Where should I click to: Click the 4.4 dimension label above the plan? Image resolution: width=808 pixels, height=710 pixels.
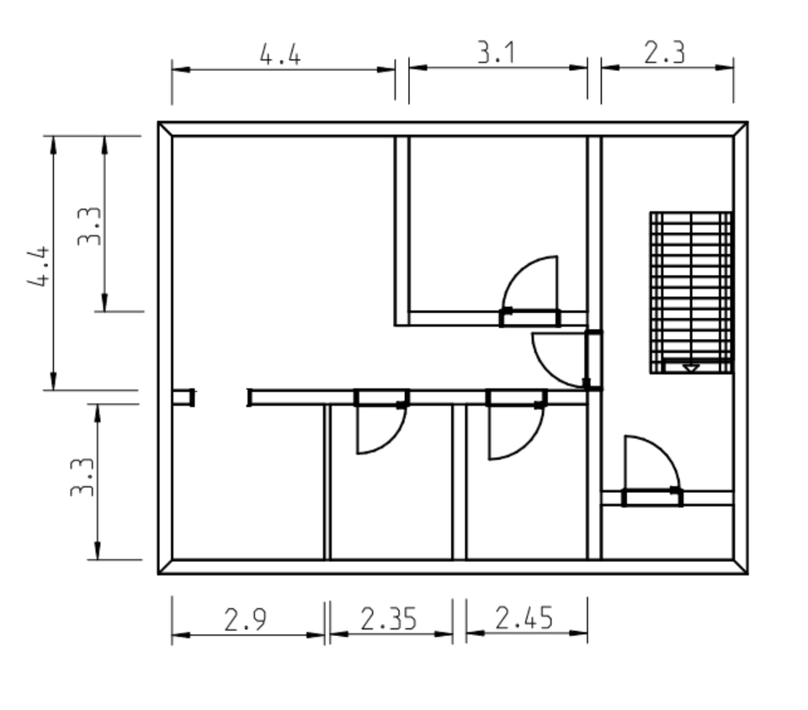point(279,55)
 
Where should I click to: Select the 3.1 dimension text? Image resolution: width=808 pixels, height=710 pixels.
point(496,53)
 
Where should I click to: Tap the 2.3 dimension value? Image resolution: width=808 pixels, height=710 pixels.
point(664,53)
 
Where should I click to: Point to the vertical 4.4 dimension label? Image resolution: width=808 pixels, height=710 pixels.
point(40,266)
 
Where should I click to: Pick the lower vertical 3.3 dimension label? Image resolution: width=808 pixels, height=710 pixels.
point(82,477)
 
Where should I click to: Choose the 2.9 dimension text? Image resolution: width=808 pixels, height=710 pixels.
point(246,620)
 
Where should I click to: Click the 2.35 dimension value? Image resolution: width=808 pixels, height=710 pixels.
point(389,619)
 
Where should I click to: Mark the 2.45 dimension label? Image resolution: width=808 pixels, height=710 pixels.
point(524,617)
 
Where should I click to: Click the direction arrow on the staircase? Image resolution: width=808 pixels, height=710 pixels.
point(690,368)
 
